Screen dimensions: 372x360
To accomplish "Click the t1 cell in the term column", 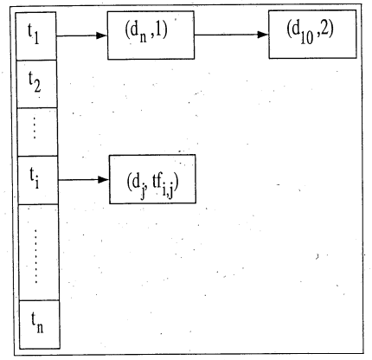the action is (x=35, y=35).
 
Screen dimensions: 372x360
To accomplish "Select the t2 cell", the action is (x=36, y=84).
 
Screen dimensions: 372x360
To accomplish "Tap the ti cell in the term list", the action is (x=38, y=180).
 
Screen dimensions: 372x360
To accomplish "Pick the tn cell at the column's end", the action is (x=40, y=325).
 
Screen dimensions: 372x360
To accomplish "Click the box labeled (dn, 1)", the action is (x=151, y=35).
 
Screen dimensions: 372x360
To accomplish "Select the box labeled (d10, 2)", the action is (x=312, y=35).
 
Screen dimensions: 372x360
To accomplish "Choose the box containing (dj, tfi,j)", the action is (x=152, y=179).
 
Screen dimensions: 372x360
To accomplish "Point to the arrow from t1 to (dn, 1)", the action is (x=82, y=35).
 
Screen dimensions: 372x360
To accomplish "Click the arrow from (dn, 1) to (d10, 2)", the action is (x=232, y=35).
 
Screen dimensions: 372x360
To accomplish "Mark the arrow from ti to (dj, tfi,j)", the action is (x=84, y=180).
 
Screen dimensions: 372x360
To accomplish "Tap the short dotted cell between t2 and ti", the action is (x=37, y=132).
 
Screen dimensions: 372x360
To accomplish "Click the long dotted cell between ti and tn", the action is (x=39, y=253).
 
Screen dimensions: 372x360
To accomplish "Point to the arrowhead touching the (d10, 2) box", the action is (x=263, y=35).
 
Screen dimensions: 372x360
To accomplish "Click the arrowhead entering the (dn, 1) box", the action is (x=102, y=35).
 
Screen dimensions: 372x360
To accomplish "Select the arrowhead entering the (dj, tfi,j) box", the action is (x=103, y=180).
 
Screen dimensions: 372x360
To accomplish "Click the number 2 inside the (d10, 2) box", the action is (x=325, y=28).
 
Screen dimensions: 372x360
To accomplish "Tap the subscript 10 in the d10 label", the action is (x=307, y=38).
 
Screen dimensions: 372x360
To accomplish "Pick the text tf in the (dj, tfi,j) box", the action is (x=157, y=182).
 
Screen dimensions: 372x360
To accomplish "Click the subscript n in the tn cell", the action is (x=40, y=327).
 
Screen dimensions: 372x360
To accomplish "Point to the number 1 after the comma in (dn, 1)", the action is (x=158, y=29).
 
